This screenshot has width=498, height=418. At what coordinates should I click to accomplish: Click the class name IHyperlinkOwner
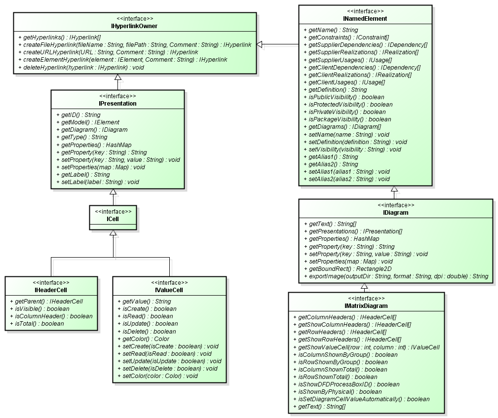[x=134, y=26]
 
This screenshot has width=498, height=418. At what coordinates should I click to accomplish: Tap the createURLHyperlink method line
[x=108, y=52]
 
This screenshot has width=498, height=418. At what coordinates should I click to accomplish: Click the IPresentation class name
[x=117, y=104]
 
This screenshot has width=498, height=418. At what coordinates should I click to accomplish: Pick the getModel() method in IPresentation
[x=87, y=122]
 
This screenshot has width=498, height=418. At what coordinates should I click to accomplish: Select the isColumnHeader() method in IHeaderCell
[x=50, y=316]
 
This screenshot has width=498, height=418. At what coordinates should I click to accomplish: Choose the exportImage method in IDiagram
[x=395, y=276]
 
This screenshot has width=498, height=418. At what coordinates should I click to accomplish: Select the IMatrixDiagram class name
[x=366, y=306]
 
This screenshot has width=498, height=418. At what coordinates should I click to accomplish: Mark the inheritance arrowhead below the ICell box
[x=114, y=233]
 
